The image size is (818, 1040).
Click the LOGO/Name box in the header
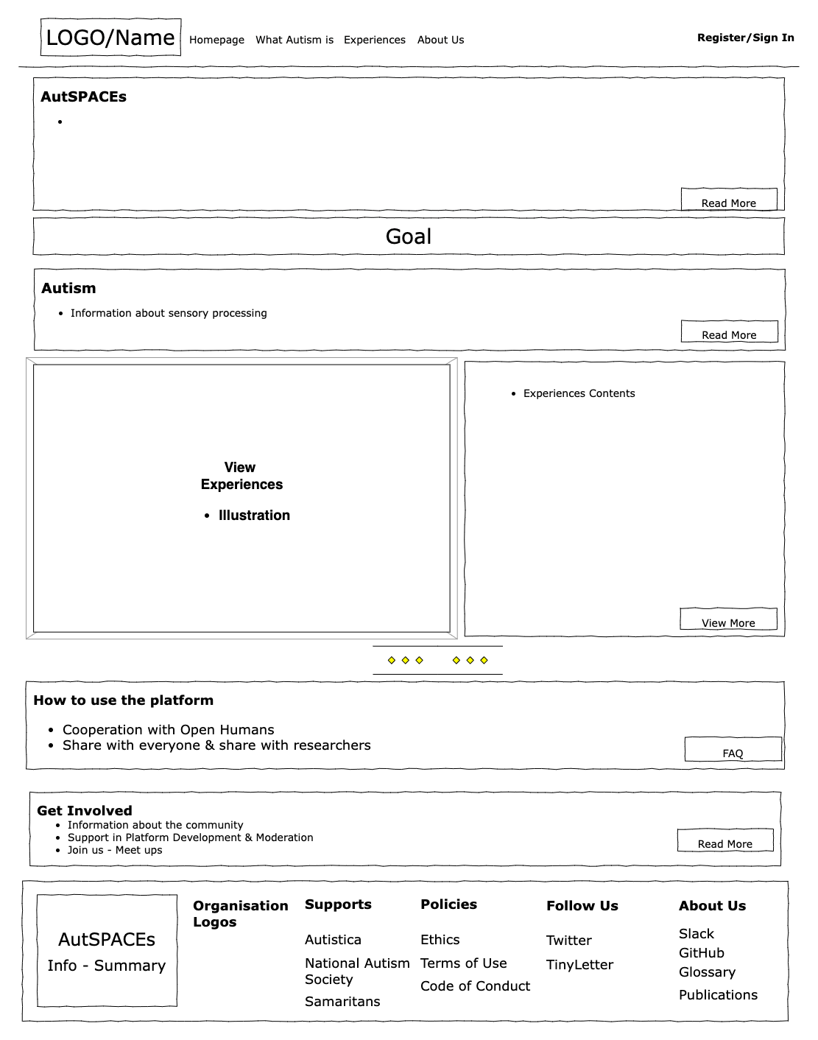click(110, 38)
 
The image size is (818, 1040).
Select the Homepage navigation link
click(216, 40)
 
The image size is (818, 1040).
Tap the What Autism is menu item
click(294, 40)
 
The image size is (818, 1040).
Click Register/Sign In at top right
click(745, 38)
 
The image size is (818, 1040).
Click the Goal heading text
click(409, 236)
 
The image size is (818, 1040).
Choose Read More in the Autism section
click(728, 334)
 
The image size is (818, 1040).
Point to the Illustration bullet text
click(254, 516)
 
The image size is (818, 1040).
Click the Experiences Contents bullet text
click(579, 393)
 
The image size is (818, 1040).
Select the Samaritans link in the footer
click(342, 1002)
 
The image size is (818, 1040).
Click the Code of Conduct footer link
click(475, 986)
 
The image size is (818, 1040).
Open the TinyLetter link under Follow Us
click(579, 965)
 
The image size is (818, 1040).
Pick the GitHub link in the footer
click(701, 953)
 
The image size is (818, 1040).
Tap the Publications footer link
click(718, 995)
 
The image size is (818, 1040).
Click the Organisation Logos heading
click(240, 913)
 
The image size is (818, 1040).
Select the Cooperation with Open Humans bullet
click(168, 730)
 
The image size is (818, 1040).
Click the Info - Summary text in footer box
click(107, 966)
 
